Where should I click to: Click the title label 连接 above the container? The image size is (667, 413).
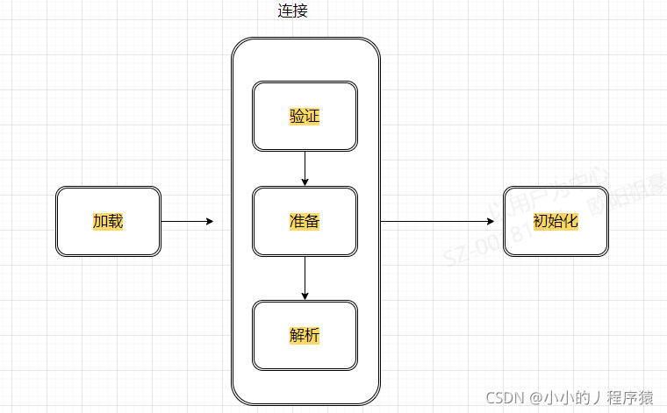[x=291, y=12]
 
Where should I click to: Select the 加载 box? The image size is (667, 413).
[x=108, y=221]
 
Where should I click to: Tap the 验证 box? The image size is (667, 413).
[x=305, y=117]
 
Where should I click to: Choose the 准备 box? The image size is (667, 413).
[x=305, y=221]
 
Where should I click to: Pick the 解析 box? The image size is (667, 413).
[x=305, y=335]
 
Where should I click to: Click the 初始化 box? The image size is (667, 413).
[x=556, y=221]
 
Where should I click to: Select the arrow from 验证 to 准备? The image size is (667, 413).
[x=305, y=167]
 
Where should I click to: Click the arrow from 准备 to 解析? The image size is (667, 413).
[x=305, y=276]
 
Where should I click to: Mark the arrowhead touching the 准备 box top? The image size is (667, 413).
[x=305, y=182]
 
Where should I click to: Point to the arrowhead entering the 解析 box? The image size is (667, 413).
[x=305, y=296]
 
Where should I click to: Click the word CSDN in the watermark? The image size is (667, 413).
[x=506, y=397]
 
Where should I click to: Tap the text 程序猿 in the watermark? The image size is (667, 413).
[x=632, y=397]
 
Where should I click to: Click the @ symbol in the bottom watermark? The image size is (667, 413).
[x=535, y=397]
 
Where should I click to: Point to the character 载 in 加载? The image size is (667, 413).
[x=115, y=221]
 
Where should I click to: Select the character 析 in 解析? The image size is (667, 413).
[x=312, y=335]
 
